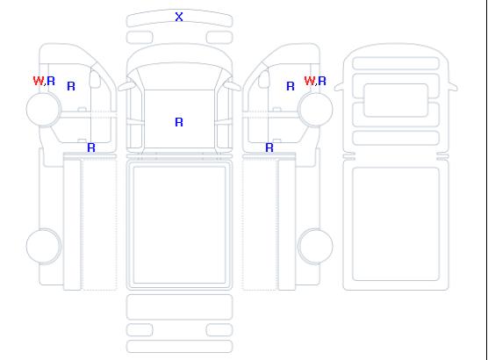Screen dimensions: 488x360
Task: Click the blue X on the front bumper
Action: coord(179,17)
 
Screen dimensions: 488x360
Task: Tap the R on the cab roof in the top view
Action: coord(179,122)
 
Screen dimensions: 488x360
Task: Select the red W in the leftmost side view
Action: coord(39,81)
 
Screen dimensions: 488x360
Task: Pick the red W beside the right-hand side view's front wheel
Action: coord(310,81)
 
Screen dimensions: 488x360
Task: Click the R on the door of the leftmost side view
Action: coord(71,86)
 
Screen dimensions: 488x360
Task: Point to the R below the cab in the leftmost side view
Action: coord(91,148)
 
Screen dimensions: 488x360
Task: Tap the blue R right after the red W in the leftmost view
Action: coord(51,81)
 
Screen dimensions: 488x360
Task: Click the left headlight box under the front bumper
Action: coord(140,38)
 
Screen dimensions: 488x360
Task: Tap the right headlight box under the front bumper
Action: coord(219,38)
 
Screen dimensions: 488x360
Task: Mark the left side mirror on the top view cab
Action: coord(126,86)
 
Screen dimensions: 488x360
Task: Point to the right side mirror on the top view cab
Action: coord(233,86)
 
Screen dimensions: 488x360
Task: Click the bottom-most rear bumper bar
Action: coord(179,347)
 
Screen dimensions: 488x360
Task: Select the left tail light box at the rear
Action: coord(140,330)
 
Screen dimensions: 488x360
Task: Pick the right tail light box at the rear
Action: coord(219,330)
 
